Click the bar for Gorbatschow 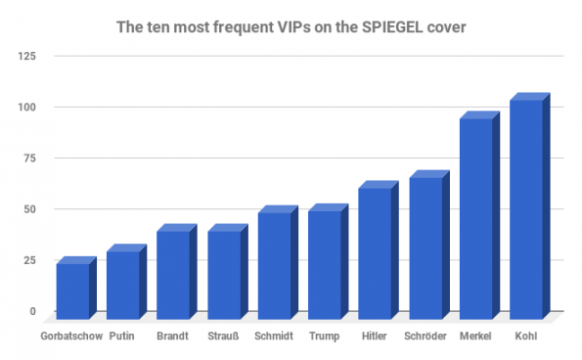72,291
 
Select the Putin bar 123,285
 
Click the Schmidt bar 274,265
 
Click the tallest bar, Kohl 526,209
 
